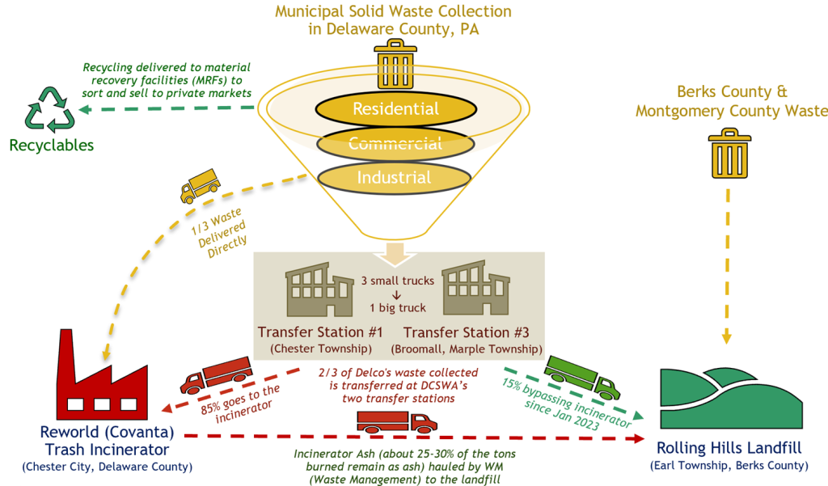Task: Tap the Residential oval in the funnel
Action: click(x=395, y=109)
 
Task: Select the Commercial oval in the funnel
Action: click(x=395, y=144)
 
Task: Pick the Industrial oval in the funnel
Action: click(x=395, y=177)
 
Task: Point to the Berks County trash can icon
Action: click(x=729, y=155)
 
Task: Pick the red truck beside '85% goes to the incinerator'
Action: click(x=213, y=377)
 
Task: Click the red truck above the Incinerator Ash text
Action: click(x=396, y=420)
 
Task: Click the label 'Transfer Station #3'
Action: click(x=466, y=332)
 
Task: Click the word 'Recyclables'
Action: click(x=52, y=146)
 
